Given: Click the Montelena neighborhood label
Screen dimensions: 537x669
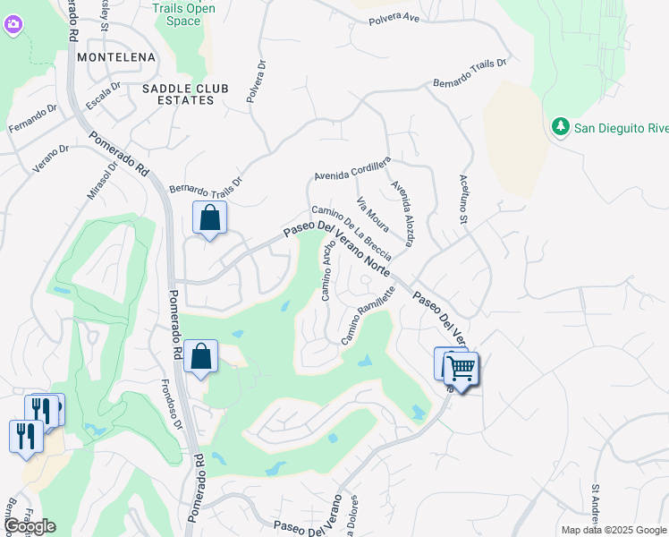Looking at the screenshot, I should (116, 57).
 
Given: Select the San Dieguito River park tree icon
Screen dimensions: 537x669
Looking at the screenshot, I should (562, 127).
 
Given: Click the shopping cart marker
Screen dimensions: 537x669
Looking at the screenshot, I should (461, 367).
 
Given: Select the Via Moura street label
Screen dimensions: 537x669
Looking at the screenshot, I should (373, 214).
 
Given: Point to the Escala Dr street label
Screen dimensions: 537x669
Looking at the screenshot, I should (103, 97).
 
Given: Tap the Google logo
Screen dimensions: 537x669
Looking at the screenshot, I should (30, 526).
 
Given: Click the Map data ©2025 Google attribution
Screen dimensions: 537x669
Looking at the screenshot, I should (613, 530).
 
